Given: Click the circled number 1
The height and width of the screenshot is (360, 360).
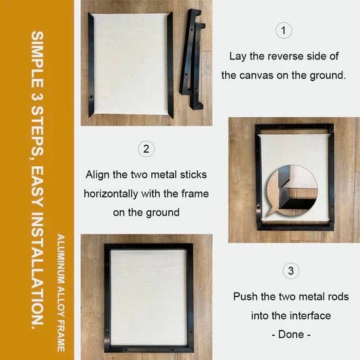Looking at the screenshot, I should click(x=283, y=30).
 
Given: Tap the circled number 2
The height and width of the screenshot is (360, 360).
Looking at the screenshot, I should click(x=146, y=149).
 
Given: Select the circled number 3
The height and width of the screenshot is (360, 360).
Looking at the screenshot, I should click(x=290, y=270).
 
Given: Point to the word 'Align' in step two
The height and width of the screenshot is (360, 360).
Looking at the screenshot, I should click(x=99, y=175).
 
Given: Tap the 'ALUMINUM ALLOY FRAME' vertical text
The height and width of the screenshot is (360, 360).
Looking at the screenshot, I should click(x=60, y=287).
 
